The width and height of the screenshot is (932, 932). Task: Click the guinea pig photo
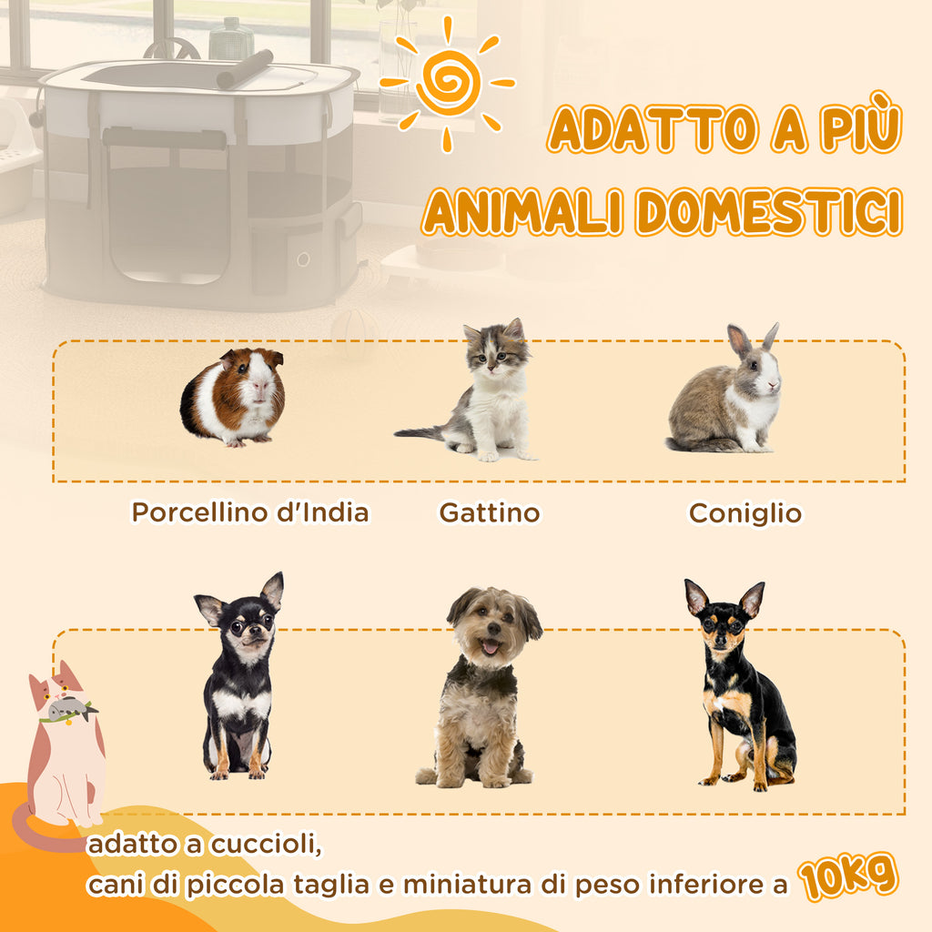pyautogui.click(x=233, y=397)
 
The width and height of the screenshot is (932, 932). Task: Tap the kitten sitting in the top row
pyautogui.click(x=475, y=392)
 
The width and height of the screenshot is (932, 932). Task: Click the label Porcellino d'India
pyautogui.click(x=249, y=512)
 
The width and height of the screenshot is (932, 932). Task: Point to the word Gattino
pyautogui.click(x=490, y=513)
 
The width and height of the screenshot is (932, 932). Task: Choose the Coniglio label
pyautogui.click(x=745, y=513)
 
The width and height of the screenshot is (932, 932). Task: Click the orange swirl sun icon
pyautogui.click(x=447, y=83)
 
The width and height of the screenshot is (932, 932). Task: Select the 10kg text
pyautogui.click(x=847, y=877)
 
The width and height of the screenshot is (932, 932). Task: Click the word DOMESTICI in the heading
pyautogui.click(x=769, y=211)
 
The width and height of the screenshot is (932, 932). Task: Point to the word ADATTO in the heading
pyautogui.click(x=653, y=127)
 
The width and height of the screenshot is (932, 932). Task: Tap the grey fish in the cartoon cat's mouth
pyautogui.click(x=71, y=708)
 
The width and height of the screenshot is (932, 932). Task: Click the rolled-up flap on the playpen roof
pyautogui.click(x=244, y=69)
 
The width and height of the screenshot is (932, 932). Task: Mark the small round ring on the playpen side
pyautogui.click(x=303, y=259)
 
